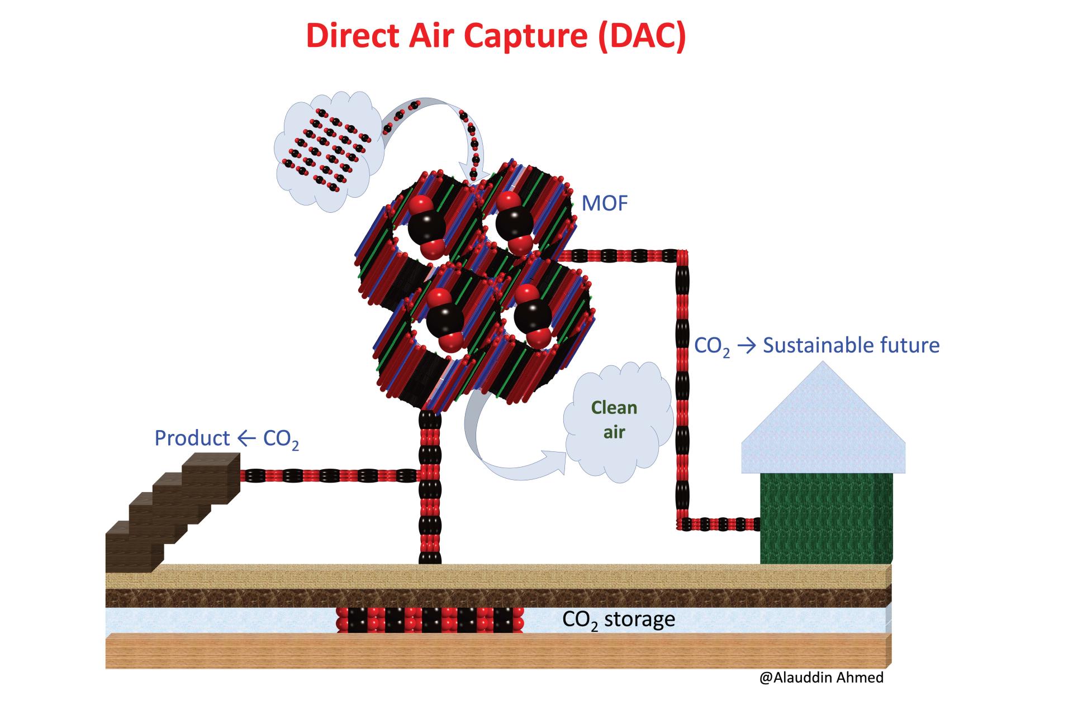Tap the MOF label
(605, 203)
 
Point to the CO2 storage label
(619, 619)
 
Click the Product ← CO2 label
(226, 438)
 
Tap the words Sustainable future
(851, 345)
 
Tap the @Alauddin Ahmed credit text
(822, 678)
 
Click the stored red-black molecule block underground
(430, 619)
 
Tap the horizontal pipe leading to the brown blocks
(330, 475)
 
